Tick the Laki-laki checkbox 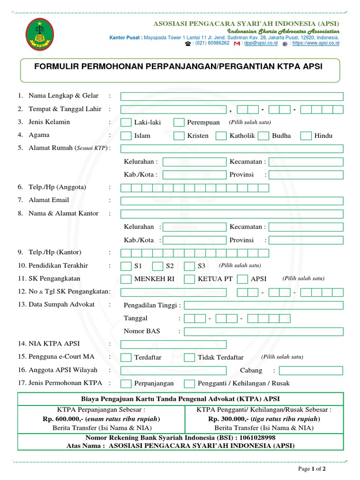click(x=126, y=122)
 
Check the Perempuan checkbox click(x=179, y=122)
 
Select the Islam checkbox click(x=126, y=136)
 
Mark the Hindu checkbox click(x=306, y=136)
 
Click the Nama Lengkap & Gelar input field click(x=232, y=97)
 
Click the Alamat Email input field click(x=232, y=201)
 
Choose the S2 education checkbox click(x=158, y=266)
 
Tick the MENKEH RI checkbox click(x=126, y=279)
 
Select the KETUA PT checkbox click(x=189, y=279)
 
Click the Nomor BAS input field click(x=263, y=331)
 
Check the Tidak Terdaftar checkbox click(x=189, y=358)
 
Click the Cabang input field click(x=311, y=370)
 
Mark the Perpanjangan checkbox click(x=126, y=383)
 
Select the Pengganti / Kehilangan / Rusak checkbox click(x=189, y=383)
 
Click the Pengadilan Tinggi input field click(x=263, y=306)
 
